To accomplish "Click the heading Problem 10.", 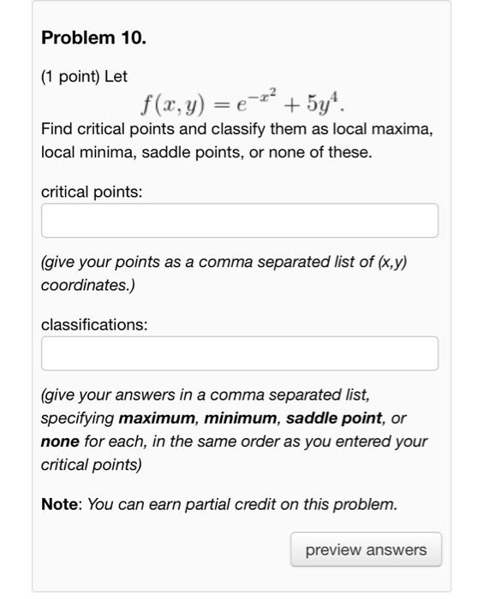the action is tap(93, 39).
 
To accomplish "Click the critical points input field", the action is tap(239, 220).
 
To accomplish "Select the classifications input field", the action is tap(239, 353).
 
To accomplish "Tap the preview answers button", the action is tap(365, 550).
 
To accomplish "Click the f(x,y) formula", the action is tap(244, 104).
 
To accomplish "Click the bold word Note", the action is tap(60, 504).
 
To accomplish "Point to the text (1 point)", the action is tap(70, 76).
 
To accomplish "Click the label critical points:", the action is tap(92, 193).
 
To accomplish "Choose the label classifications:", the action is tap(94, 325).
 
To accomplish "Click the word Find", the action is tap(57, 130).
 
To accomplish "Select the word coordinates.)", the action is tap(86, 284).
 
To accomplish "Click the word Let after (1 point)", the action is tap(116, 76).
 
